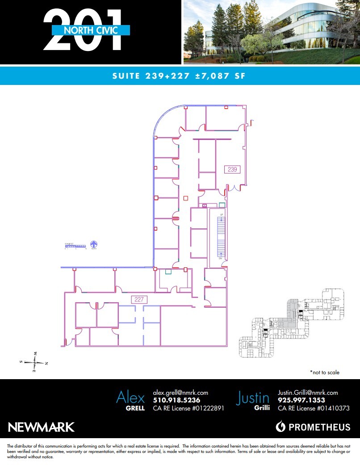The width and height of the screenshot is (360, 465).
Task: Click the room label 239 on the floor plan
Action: pyautogui.click(x=232, y=169)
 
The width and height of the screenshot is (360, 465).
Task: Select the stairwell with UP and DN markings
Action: pyautogui.click(x=220, y=237)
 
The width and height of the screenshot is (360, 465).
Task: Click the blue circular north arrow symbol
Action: pyautogui.click(x=94, y=245)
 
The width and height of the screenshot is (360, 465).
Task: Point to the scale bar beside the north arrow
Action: pyautogui.click(x=75, y=245)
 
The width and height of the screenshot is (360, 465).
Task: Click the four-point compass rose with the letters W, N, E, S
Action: pyautogui.click(x=35, y=363)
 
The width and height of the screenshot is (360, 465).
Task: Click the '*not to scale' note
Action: pyautogui.click(x=324, y=372)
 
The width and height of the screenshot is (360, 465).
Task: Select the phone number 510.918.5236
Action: pyautogui.click(x=176, y=400)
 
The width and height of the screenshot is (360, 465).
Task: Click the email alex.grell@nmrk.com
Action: pyautogui.click(x=180, y=393)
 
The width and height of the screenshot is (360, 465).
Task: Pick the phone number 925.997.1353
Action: pyautogui.click(x=301, y=400)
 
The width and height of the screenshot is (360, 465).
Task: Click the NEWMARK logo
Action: pyautogui.click(x=41, y=427)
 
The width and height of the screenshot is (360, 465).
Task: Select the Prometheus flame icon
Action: pyautogui.click(x=280, y=427)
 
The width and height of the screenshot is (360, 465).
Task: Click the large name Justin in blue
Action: pyautogui.click(x=253, y=397)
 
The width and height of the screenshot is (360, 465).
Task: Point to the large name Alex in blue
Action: pyautogui.click(x=130, y=397)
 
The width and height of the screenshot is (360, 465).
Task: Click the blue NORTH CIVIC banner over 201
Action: pyautogui.click(x=91, y=30)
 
